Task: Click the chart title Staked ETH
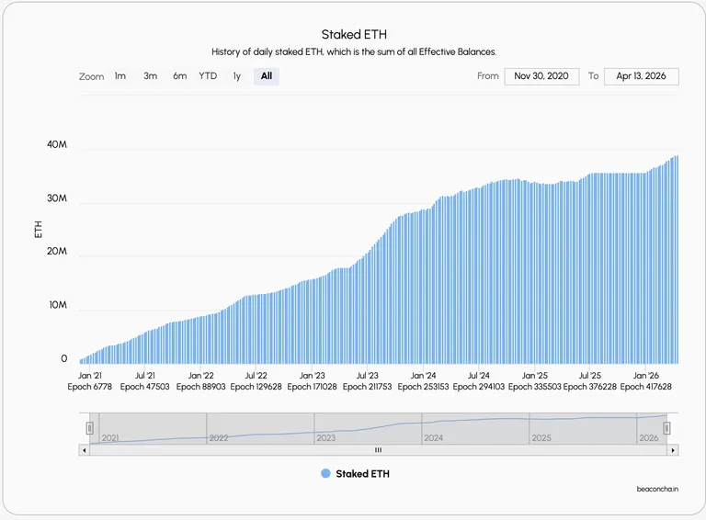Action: click(x=354, y=35)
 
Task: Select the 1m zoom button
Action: click(x=120, y=76)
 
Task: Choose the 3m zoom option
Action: click(x=151, y=76)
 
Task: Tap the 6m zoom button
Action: click(x=179, y=76)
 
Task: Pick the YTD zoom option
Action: click(x=208, y=76)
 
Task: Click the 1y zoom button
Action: click(x=237, y=76)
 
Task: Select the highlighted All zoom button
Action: click(x=267, y=76)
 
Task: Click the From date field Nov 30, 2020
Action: click(x=541, y=76)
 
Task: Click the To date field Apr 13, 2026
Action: click(x=641, y=76)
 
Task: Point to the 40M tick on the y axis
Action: click(x=57, y=144)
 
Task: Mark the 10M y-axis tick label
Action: click(x=58, y=305)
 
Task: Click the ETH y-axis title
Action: click(x=39, y=230)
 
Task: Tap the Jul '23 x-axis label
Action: click(x=368, y=376)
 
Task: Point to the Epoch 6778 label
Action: click(x=89, y=387)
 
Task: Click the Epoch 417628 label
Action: click(x=645, y=387)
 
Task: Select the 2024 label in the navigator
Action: click(x=433, y=437)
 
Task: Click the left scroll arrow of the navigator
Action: click(x=85, y=450)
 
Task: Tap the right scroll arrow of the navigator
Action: click(x=673, y=450)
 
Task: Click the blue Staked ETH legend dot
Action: click(x=325, y=473)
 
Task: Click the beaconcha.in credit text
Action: click(x=657, y=489)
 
